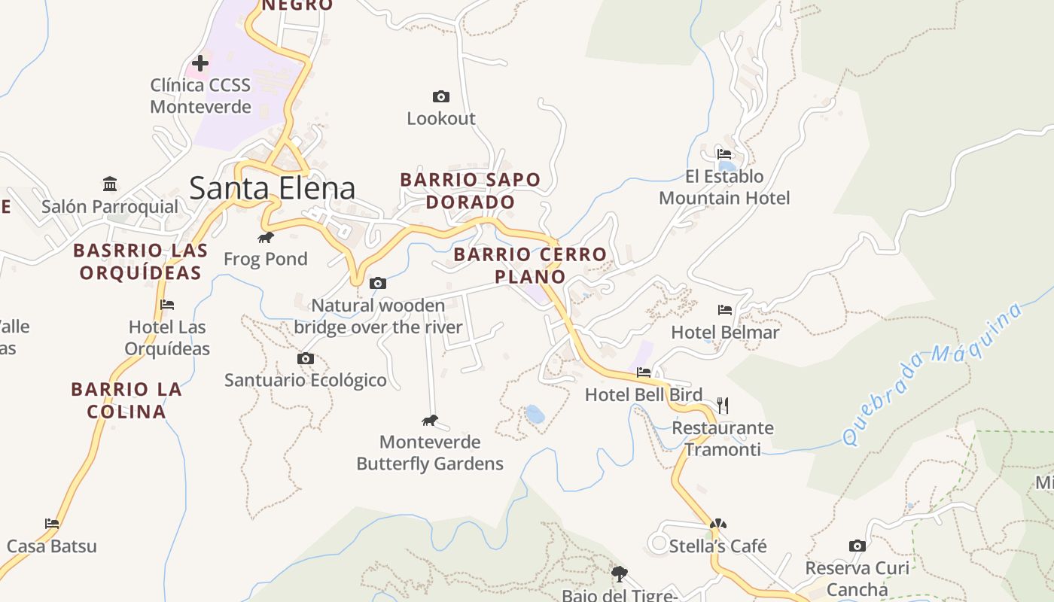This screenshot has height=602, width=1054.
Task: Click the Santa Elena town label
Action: point(272,187)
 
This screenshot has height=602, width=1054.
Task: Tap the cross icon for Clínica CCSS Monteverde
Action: point(200,63)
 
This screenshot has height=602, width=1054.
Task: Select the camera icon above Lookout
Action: point(441,96)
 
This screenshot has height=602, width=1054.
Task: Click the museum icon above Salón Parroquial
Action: point(110,184)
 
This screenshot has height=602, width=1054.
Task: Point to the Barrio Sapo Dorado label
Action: point(470,190)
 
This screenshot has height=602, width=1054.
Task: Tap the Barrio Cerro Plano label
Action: point(530,265)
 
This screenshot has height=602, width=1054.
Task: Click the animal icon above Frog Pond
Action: point(266,238)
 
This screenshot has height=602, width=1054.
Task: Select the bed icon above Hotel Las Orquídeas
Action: point(167,305)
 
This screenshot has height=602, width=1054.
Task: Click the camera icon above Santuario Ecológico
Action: point(305,358)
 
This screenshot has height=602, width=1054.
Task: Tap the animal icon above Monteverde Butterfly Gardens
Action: point(430,420)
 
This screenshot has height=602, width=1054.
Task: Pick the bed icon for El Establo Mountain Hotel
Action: point(724,154)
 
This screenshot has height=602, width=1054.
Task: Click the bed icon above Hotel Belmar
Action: point(725,309)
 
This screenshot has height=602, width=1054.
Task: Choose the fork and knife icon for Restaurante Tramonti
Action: point(723,406)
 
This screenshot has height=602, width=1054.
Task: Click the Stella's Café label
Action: point(717,546)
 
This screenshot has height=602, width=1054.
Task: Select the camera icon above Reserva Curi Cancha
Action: point(857,546)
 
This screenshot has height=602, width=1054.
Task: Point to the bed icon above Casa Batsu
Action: point(52,523)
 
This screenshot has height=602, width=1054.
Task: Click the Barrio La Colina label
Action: point(126,400)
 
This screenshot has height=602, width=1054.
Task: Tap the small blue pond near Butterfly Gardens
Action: point(535,414)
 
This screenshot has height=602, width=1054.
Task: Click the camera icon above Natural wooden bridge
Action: point(378,283)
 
